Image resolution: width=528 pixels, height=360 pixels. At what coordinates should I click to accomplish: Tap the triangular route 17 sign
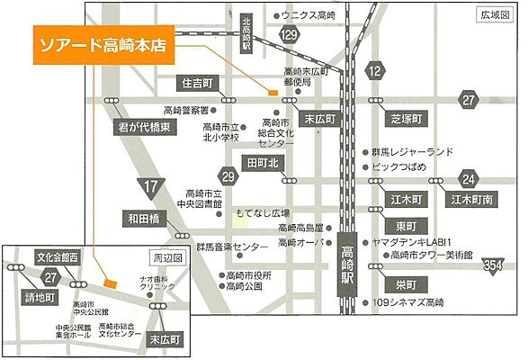click(x=149, y=188)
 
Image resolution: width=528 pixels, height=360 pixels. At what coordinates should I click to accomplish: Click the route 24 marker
click(x=467, y=176)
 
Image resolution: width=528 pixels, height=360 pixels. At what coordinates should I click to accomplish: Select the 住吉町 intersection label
click(x=199, y=83)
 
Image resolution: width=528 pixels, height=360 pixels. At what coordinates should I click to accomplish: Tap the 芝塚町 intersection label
click(x=406, y=118)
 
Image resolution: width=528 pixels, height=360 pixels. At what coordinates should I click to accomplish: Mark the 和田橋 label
click(x=144, y=218)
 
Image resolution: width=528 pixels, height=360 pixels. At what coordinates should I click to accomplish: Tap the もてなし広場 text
click(x=263, y=213)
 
